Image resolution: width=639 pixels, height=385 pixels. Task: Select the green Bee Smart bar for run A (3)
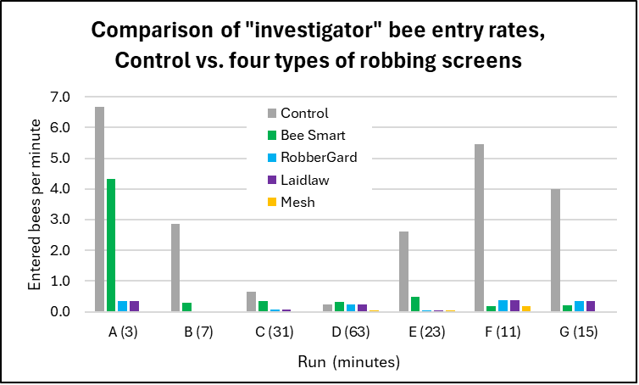click(x=111, y=245)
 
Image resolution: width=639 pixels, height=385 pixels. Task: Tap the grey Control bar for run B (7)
click(x=175, y=267)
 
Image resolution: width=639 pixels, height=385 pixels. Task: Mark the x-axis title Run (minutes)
click(x=347, y=362)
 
